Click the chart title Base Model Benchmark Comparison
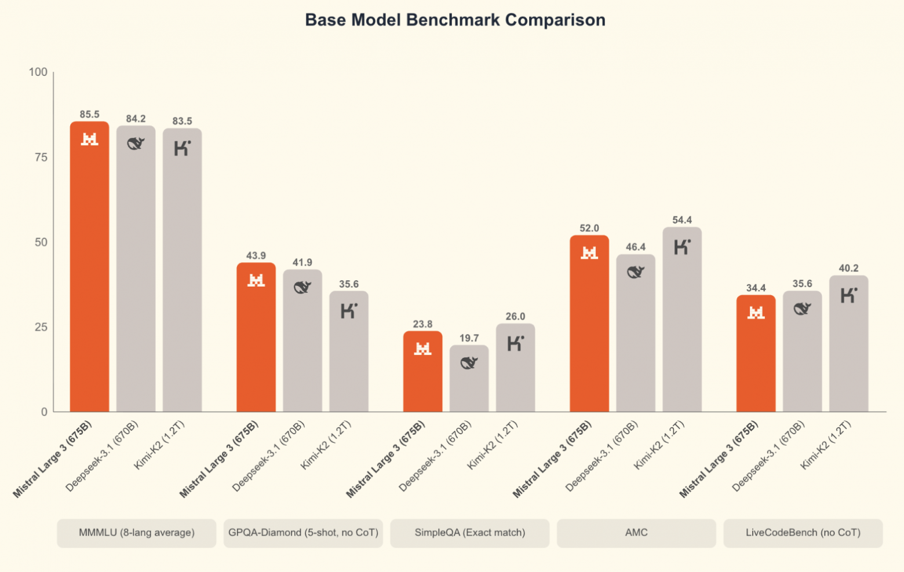(x=455, y=20)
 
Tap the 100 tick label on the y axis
(x=38, y=72)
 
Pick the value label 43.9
(x=256, y=256)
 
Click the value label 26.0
(x=515, y=317)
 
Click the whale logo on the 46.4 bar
(x=636, y=272)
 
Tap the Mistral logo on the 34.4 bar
(x=756, y=313)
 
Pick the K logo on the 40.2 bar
(x=848, y=295)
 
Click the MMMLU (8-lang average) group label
(x=137, y=533)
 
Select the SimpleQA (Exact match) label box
(x=470, y=533)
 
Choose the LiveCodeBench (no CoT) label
(x=803, y=533)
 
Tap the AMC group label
(x=636, y=533)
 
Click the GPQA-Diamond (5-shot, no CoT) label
(x=303, y=533)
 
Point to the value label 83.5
(x=182, y=121)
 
